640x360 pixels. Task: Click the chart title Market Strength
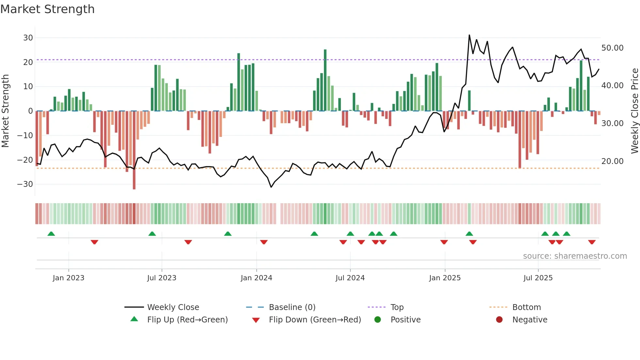coord(47,9)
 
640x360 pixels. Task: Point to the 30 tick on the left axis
coord(28,38)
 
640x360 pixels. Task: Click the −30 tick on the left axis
coord(25,184)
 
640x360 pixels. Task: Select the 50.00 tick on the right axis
coord(612,48)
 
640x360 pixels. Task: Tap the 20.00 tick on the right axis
coord(612,161)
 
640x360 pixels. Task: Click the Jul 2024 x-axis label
coord(350,278)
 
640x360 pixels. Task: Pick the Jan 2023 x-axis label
coord(69,278)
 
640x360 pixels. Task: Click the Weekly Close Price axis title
coord(634,111)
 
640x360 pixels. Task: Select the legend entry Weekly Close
coord(173,307)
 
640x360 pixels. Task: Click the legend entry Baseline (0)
coord(292,307)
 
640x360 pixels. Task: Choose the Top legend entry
coord(397,307)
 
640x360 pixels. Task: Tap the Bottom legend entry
coord(526,307)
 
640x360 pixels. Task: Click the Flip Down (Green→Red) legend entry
coord(315,320)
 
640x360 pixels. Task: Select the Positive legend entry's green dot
coord(377,320)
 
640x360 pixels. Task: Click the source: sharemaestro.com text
coord(575,256)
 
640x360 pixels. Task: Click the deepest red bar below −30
coord(134,150)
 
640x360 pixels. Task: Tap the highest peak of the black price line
coord(469,35)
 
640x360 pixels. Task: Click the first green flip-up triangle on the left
coord(51,234)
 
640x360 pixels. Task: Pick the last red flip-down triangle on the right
coord(592,242)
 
